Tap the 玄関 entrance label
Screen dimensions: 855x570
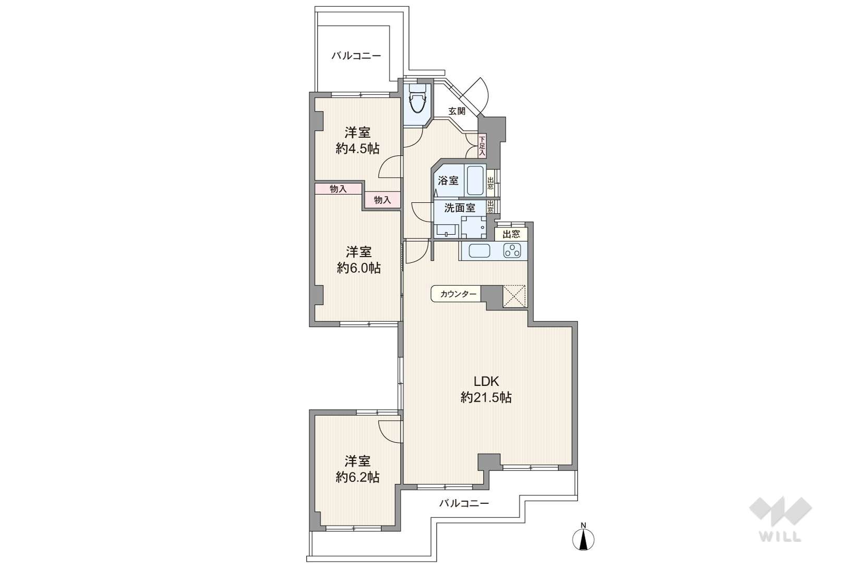pos(456,111)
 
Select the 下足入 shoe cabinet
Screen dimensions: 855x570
pos(482,145)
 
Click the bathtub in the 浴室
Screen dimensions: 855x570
pos(475,180)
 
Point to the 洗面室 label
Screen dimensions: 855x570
pos(460,208)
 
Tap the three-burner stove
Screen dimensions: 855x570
pos(512,251)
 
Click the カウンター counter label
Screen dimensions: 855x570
pos(458,294)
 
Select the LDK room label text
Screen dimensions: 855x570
pos(486,381)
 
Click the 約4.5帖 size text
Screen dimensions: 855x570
pos(358,149)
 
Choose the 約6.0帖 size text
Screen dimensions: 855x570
pos(358,268)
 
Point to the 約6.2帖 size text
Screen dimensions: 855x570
pos(358,477)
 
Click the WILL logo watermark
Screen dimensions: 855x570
pos(780,519)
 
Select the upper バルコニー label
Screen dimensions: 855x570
pos(356,56)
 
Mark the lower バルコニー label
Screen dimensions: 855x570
pos(464,503)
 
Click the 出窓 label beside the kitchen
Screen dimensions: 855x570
pos(511,234)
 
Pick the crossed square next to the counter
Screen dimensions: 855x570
pos(514,296)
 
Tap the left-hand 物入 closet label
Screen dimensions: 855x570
pos(338,189)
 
